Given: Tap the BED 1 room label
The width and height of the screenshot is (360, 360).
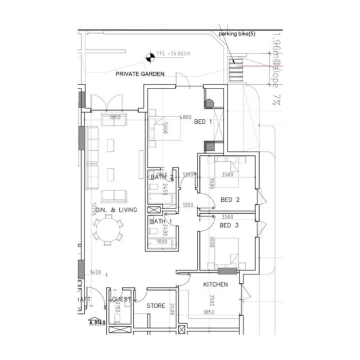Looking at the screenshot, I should pos(202,121).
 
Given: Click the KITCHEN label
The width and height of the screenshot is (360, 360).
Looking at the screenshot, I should pos(216,284).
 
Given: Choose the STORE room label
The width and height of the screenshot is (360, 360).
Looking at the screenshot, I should pos(156,306).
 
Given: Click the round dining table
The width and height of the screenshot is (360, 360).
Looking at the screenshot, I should pos(108,229).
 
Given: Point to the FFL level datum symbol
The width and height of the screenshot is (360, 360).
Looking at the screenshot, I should pos(148,57).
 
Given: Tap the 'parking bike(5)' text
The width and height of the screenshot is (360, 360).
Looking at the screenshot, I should pos(237,34).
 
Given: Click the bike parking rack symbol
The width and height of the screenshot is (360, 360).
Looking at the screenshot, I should pos(235,70).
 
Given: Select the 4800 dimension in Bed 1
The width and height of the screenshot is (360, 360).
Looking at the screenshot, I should pos(186,117).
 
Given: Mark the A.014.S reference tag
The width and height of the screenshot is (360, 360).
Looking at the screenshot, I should pos(97,322).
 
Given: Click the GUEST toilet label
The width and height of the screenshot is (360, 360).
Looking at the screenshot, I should pos(121,299).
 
